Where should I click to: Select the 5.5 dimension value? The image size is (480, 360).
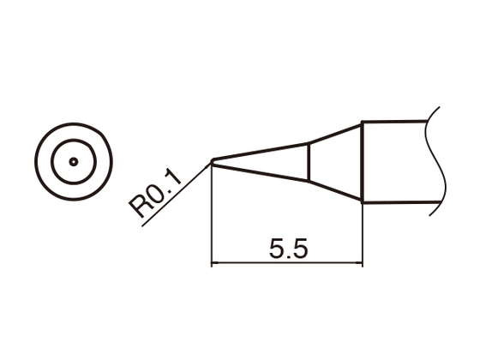click(287, 249)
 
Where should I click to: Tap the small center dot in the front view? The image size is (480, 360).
click(74, 161)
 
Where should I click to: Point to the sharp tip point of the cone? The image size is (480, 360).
click(213, 160)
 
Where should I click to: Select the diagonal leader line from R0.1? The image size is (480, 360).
click(176, 196)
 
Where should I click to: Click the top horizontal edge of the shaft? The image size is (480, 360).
click(394, 122)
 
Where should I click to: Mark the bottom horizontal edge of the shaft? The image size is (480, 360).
click(394, 202)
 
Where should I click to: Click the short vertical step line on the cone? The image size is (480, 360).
click(308, 162)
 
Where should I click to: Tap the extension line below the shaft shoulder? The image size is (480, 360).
click(363, 236)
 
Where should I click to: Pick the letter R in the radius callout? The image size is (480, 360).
click(138, 207)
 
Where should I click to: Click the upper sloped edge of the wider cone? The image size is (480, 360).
click(334, 134)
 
